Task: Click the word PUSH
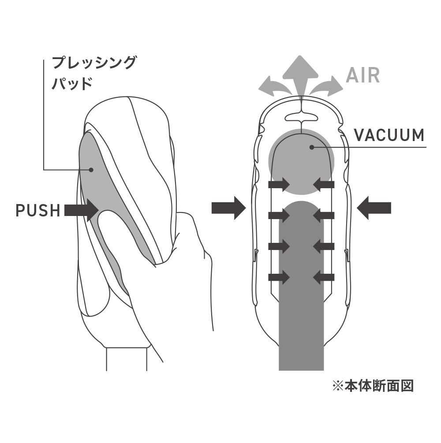[37, 210]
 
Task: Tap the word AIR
[363, 76]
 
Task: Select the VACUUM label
[389, 135]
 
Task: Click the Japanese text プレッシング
[94, 62]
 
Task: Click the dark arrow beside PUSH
[82, 210]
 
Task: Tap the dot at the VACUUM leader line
[312, 147]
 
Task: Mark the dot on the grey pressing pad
[91, 169]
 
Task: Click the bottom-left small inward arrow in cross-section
[279, 277]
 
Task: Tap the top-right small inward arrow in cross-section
[324, 184]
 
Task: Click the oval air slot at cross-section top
[301, 117]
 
